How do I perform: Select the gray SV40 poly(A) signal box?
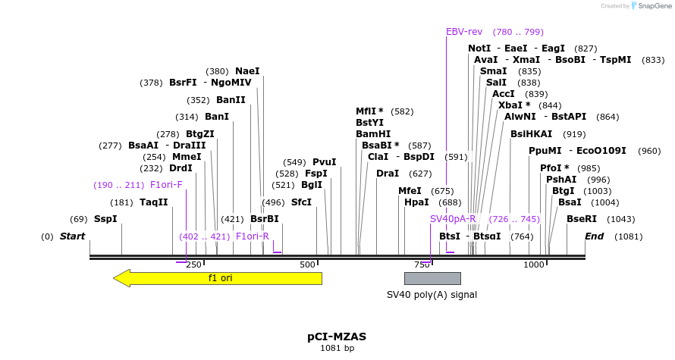(x=432, y=278)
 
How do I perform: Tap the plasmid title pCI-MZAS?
(x=337, y=336)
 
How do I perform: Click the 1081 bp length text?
(x=337, y=349)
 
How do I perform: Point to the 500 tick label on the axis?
(x=307, y=265)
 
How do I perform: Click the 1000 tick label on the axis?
(x=533, y=265)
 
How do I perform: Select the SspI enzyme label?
(x=105, y=219)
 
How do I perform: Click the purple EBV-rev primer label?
(x=464, y=32)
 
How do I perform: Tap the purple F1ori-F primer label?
(x=166, y=185)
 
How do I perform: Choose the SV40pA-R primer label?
(x=453, y=219)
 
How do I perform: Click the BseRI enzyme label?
(x=582, y=219)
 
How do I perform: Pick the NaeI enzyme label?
(x=247, y=71)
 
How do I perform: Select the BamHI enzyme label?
(x=373, y=134)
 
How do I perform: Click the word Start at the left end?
(x=72, y=236)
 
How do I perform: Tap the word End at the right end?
(x=594, y=236)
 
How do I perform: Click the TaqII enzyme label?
(x=153, y=202)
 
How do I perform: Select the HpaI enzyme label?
(x=416, y=202)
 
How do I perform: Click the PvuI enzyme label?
(x=324, y=162)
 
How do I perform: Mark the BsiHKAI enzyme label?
(x=531, y=134)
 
